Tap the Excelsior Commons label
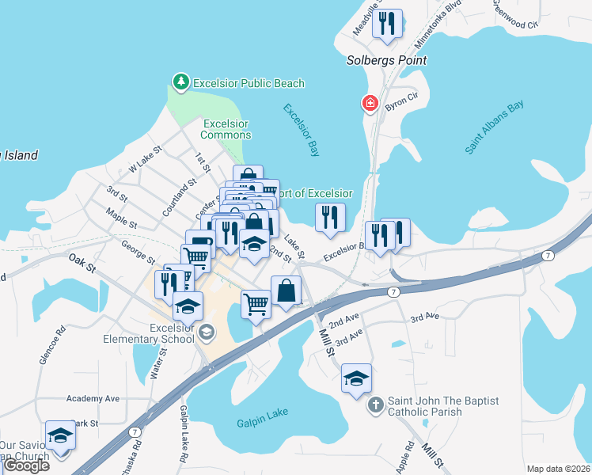coord(226,129)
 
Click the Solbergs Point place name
coord(386,60)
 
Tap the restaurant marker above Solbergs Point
coord(387,25)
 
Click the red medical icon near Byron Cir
coord(369,103)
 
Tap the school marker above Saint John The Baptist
coord(357,378)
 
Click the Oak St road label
coord(82,260)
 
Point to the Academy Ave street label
coord(93,398)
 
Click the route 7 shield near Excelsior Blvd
coord(548,256)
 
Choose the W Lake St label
coord(145,158)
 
